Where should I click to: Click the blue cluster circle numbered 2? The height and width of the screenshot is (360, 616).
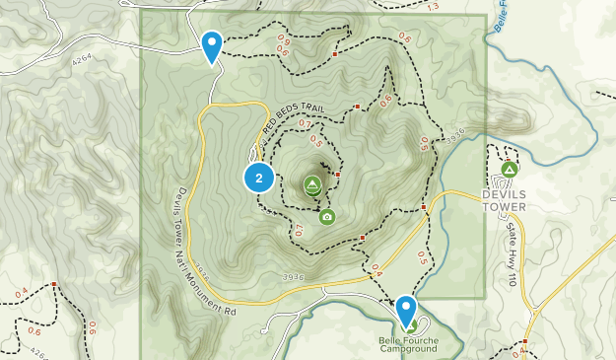pos(259,179)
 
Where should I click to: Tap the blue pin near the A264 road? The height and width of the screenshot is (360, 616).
pos(211,45)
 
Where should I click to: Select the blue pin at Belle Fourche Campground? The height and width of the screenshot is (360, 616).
pos(406,312)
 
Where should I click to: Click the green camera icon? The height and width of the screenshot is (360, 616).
pos(326,216)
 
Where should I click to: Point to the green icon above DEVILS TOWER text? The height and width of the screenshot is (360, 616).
pos(509,170)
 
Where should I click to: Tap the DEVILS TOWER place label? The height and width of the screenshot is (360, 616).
pos(504,200)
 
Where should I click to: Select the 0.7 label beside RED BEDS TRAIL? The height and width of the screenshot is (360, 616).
pos(305,125)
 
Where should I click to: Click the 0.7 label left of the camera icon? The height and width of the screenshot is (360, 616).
pos(296,231)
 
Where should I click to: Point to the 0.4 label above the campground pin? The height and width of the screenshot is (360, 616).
pos(376,267)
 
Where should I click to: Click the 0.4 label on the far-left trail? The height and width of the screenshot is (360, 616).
pos(22,291)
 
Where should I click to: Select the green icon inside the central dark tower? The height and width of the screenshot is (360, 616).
pos(311,183)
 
